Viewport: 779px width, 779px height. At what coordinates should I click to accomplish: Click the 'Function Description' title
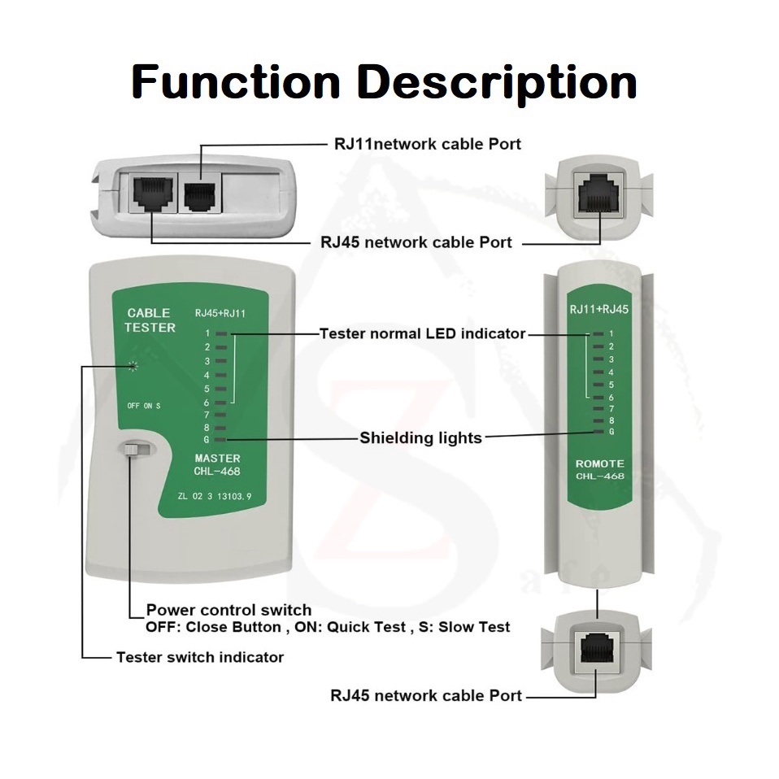point(384,81)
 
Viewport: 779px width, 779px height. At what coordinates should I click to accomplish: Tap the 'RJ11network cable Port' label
point(427,144)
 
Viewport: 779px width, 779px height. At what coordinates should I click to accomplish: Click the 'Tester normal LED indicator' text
point(422,333)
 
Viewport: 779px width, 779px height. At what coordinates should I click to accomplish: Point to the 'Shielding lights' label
point(420,438)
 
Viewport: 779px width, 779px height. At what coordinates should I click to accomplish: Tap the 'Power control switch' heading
point(228,610)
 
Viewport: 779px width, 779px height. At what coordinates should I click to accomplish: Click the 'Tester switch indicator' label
point(200,657)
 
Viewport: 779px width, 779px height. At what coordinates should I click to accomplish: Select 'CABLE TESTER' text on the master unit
point(150,320)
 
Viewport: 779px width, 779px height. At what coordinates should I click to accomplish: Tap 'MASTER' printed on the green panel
point(217,459)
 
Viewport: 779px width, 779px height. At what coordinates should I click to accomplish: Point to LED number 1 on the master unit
point(221,333)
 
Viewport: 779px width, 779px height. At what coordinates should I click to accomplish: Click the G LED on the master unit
point(221,439)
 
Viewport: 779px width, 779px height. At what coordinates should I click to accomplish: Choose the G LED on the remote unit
point(598,432)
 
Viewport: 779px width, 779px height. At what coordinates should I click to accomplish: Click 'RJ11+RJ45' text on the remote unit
point(599,309)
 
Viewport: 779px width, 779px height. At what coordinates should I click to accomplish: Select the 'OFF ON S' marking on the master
point(144,406)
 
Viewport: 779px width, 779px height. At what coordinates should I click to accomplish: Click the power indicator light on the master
point(133,366)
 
